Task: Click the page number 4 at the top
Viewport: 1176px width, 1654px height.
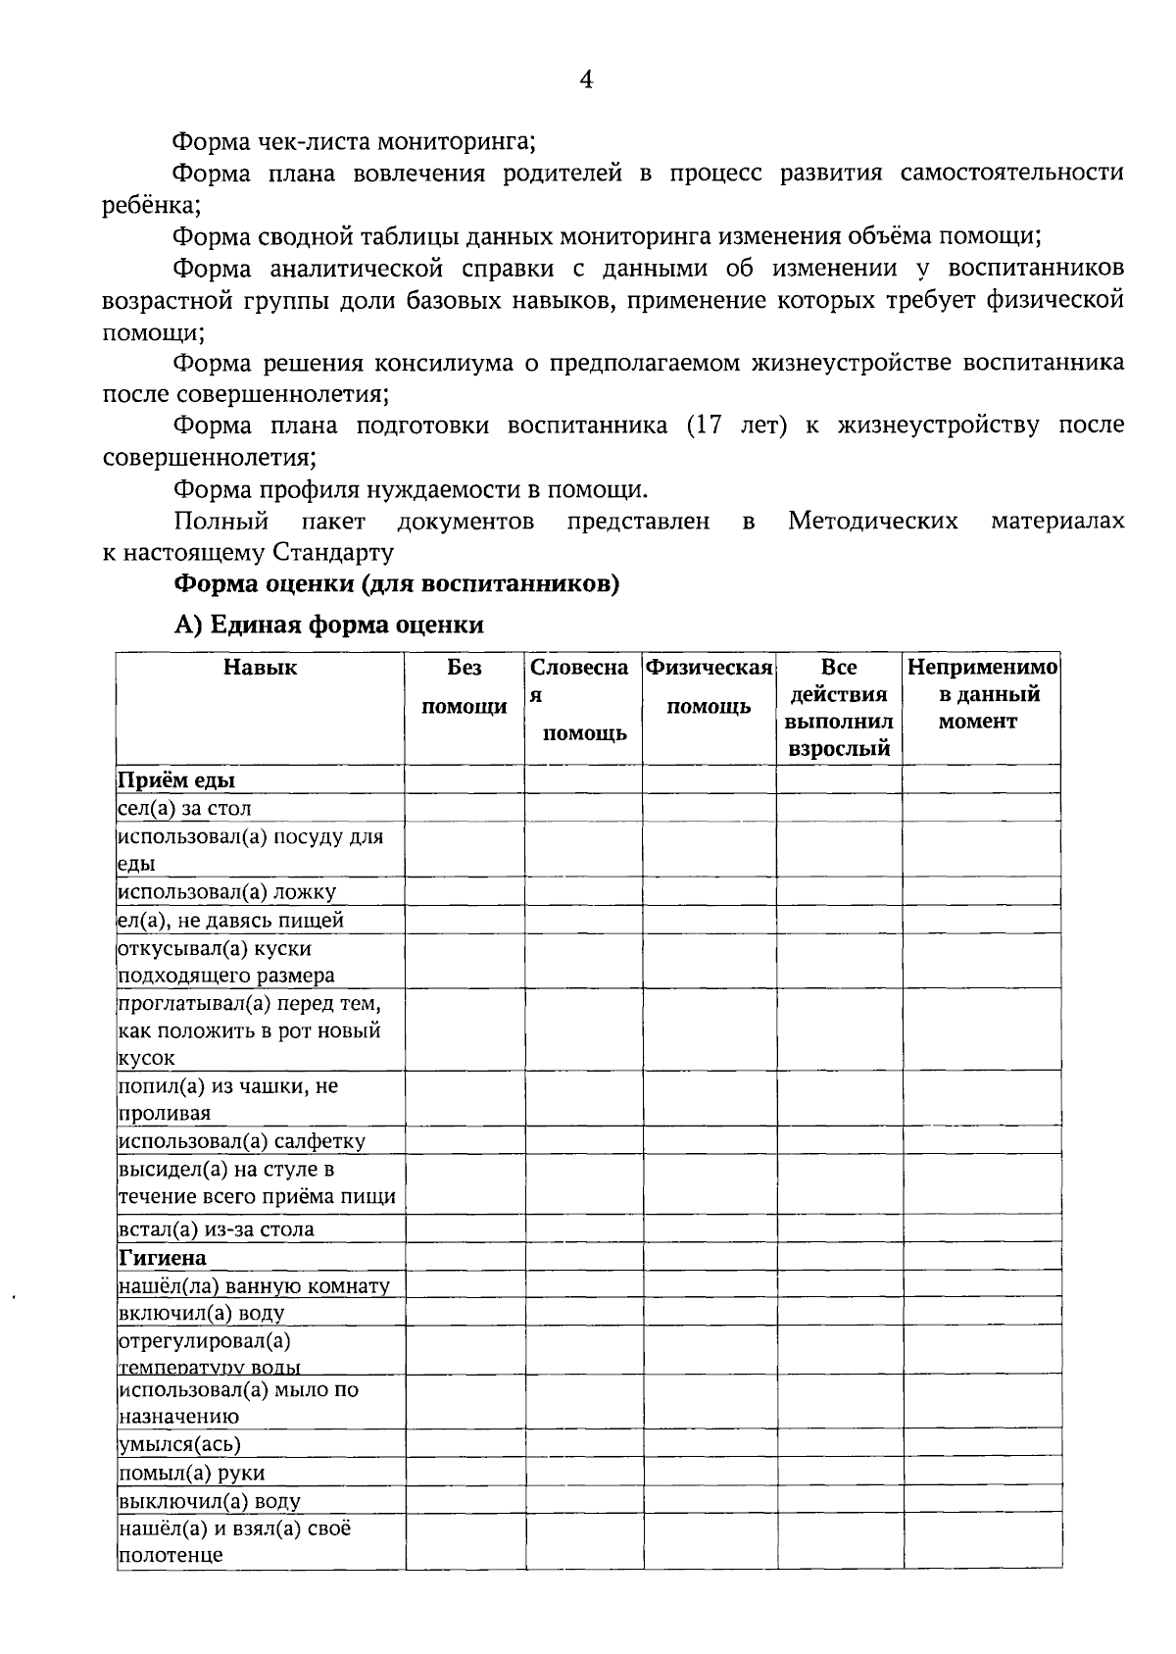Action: click(586, 80)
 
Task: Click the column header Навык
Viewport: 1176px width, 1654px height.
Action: click(260, 669)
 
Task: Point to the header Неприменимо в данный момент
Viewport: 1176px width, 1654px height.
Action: click(981, 694)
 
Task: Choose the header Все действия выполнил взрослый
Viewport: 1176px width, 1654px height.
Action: click(839, 708)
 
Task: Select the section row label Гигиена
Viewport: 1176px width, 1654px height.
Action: click(163, 1258)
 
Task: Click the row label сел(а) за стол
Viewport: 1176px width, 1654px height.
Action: click(185, 809)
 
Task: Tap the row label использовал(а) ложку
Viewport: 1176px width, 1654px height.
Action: click(227, 892)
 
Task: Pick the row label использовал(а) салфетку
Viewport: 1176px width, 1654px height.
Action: click(241, 1141)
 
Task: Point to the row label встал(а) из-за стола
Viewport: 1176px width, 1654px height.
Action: click(217, 1229)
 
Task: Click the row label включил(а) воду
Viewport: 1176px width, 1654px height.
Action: click(202, 1313)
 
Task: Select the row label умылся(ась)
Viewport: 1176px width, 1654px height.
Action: click(179, 1444)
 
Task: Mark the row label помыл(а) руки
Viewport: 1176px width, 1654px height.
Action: click(191, 1473)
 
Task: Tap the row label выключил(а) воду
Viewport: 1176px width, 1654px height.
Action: click(210, 1501)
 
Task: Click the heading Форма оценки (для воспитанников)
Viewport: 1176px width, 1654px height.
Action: click(397, 584)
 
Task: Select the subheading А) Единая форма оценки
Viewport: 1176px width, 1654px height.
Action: click(328, 626)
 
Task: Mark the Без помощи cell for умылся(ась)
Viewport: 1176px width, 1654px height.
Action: click(465, 1443)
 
